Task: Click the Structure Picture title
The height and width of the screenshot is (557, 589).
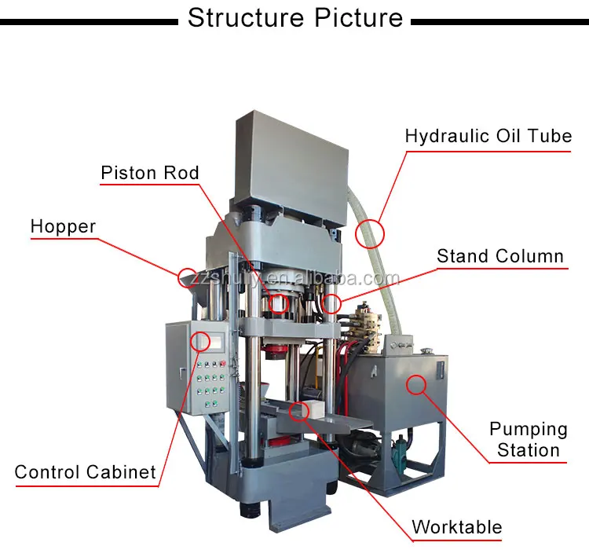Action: point(294,17)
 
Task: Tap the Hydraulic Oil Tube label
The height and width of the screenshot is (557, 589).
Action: point(488,136)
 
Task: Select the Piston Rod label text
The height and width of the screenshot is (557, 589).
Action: point(150,173)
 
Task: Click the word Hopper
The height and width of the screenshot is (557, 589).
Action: point(63,227)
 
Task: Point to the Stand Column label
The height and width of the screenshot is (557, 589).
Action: point(500,256)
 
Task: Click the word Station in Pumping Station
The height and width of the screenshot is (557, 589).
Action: point(528,450)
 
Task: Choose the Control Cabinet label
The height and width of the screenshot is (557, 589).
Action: point(86,472)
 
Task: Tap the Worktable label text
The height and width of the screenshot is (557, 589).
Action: point(456,526)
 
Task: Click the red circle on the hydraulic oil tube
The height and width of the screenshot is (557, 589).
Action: point(369,233)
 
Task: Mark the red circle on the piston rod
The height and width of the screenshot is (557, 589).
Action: point(278,303)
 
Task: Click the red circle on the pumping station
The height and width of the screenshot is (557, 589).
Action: point(415,384)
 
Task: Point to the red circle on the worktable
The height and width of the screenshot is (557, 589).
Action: point(298,410)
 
